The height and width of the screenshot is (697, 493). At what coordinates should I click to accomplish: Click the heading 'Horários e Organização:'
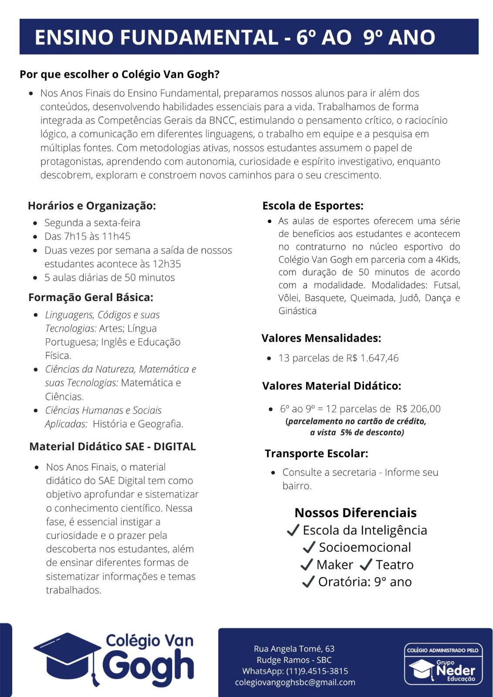pos(92,206)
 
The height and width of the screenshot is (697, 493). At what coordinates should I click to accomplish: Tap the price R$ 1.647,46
pos(373,358)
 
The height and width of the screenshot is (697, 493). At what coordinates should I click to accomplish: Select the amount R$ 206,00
pos(418,409)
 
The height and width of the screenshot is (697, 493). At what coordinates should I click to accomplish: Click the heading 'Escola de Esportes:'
pos(313,206)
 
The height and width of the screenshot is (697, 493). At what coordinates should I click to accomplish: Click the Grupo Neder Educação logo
pos(443,664)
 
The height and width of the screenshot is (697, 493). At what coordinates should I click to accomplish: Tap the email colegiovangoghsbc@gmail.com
pos(295,682)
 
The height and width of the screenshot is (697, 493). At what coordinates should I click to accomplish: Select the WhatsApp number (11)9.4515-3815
pos(317,671)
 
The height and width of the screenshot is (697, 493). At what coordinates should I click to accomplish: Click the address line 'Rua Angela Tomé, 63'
pos(294,649)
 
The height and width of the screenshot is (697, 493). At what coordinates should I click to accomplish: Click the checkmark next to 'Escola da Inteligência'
pos(293,530)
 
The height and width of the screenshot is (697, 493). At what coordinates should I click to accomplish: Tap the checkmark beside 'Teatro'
pos(366,565)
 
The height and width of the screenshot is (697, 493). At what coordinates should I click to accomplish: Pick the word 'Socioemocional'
pos(365,547)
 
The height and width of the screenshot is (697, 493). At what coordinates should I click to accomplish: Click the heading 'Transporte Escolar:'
pos(316,453)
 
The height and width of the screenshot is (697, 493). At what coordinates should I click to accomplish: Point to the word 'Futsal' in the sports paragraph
pos(446,285)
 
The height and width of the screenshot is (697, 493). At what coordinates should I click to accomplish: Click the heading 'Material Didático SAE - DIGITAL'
pos(112,447)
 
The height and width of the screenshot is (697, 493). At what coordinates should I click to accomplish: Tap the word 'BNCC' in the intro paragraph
pos(222,120)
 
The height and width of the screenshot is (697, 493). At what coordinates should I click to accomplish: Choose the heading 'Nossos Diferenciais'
pos(356,513)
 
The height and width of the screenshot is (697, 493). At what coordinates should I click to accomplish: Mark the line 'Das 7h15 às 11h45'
pos(87,237)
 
